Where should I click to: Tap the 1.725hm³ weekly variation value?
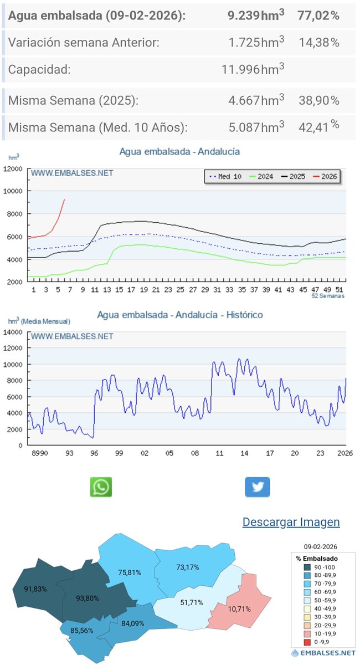255,42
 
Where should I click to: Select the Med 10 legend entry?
225,177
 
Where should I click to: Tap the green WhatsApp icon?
101,487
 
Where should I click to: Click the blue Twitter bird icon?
258,487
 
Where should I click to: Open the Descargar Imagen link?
291,522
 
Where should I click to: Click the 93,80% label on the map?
88,598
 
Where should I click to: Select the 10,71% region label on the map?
239,608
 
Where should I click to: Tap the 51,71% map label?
192,602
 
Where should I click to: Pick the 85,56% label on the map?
82,630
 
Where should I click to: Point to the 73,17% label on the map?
187,567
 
